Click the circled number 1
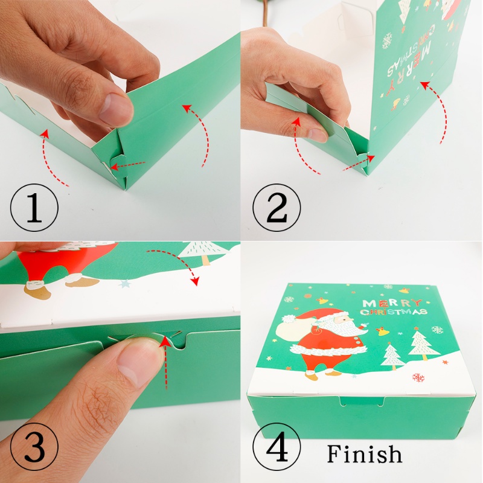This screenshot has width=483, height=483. (34, 207)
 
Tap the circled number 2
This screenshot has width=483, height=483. (277, 207)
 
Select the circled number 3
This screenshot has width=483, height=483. (34, 446)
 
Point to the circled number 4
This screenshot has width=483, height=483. (277, 446)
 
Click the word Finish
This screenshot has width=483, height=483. (365, 453)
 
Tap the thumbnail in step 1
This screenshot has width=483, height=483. (117, 109)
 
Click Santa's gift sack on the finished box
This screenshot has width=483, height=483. (293, 330)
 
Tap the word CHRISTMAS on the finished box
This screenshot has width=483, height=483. (394, 312)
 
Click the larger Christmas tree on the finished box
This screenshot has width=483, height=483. (424, 345)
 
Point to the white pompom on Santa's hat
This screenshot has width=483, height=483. (289, 319)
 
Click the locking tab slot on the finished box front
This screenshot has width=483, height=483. (362, 401)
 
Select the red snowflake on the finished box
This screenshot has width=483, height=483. (418, 377)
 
